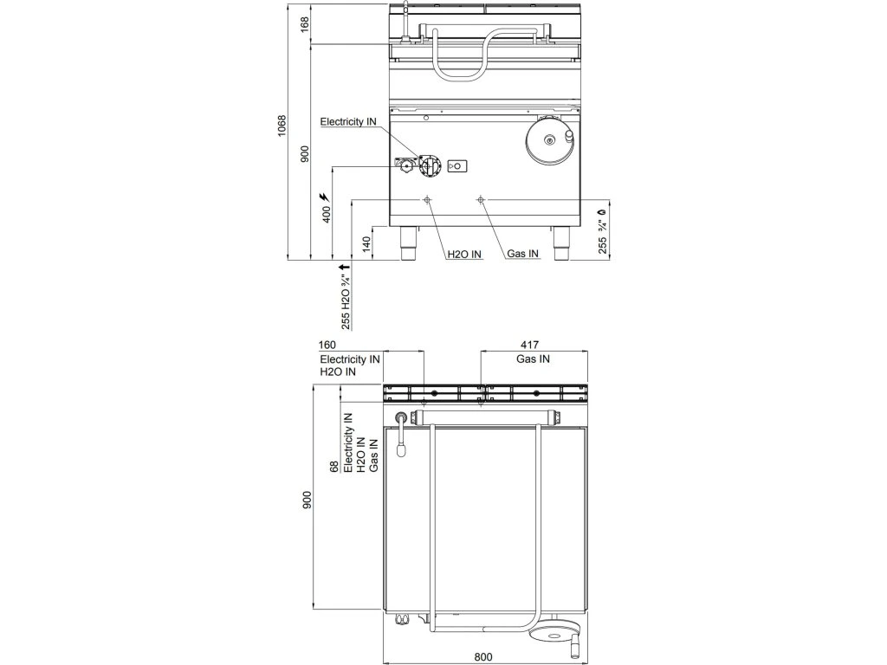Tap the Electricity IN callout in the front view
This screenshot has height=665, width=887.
pos(348,122)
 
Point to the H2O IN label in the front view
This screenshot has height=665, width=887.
pos(464,255)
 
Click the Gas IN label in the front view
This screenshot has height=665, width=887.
pos(523,255)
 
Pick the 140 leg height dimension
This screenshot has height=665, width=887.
pos(366,243)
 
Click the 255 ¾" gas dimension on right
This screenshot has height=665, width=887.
pos(601,237)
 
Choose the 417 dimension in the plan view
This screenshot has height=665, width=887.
pos(534,345)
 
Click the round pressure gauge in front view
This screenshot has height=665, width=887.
pos(547,139)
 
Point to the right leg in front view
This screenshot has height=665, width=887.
pos(561,243)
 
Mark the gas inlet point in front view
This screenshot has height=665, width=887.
pos(481,199)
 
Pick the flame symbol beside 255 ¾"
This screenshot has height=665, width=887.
pos(601,210)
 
